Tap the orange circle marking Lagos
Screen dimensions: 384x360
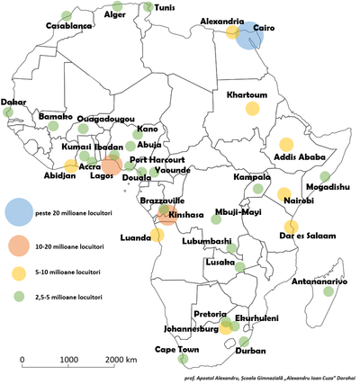pos(112,165)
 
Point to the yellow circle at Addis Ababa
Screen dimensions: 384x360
pos(287,144)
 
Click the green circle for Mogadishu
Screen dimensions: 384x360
pos(326,177)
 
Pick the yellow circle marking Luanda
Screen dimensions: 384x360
pos(157,236)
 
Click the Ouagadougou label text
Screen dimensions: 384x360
pos(106,119)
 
